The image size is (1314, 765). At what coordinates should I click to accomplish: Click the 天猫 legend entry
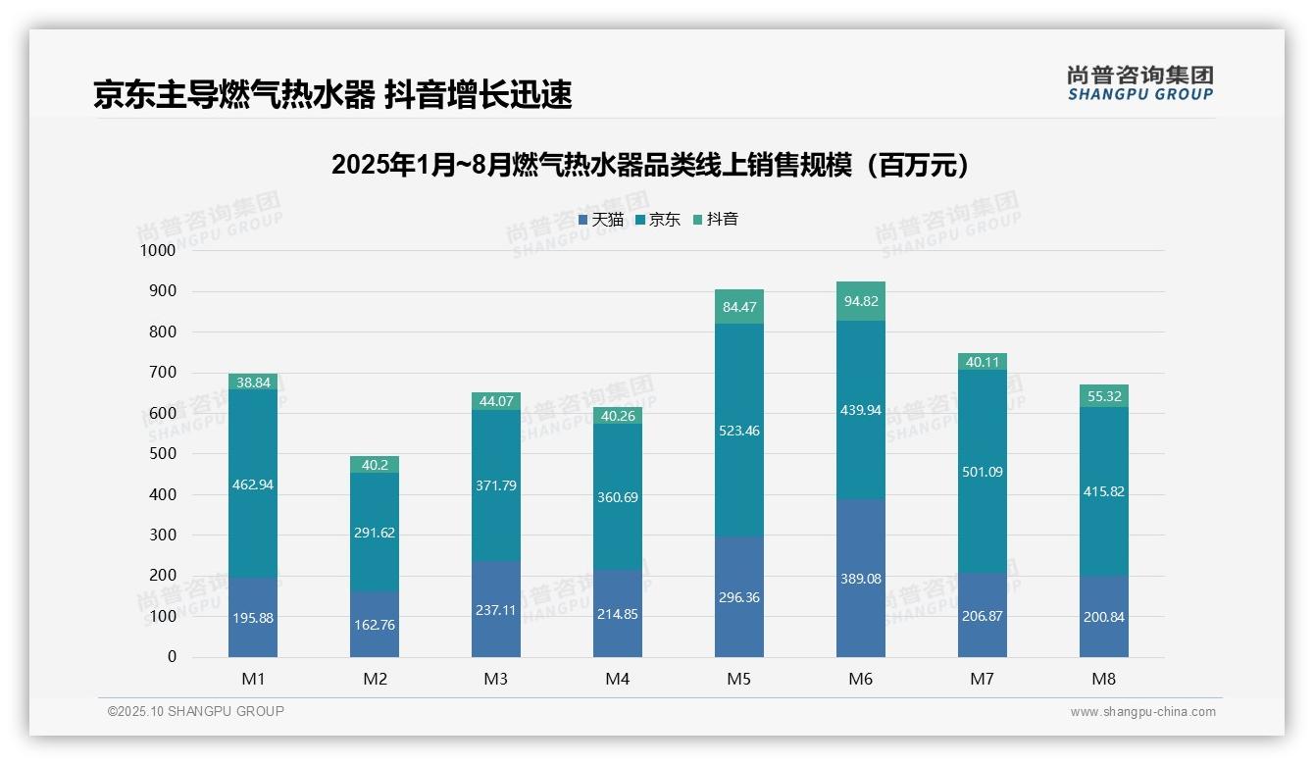pos(600,220)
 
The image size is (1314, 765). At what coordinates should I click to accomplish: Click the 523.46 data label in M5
pos(739,431)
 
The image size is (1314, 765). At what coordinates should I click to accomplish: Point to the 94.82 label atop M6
pos(861,301)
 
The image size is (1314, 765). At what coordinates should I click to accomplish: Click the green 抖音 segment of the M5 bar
pos(739,307)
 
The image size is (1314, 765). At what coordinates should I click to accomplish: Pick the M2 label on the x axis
pos(375,679)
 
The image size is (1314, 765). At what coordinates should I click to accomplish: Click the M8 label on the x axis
pos(1104,679)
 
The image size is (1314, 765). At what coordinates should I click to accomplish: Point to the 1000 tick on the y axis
pos(157,250)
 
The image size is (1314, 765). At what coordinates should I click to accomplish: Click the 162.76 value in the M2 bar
pos(375,625)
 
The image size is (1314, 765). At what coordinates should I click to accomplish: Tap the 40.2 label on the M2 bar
pos(375,465)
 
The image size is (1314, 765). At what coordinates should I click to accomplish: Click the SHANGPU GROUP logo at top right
pos(1139,83)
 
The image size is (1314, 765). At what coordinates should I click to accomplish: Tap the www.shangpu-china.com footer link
pos(1142,712)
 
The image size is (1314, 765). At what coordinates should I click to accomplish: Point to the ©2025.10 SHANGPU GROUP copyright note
pos(196,711)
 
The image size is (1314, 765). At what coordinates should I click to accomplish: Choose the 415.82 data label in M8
pos(1104,491)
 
